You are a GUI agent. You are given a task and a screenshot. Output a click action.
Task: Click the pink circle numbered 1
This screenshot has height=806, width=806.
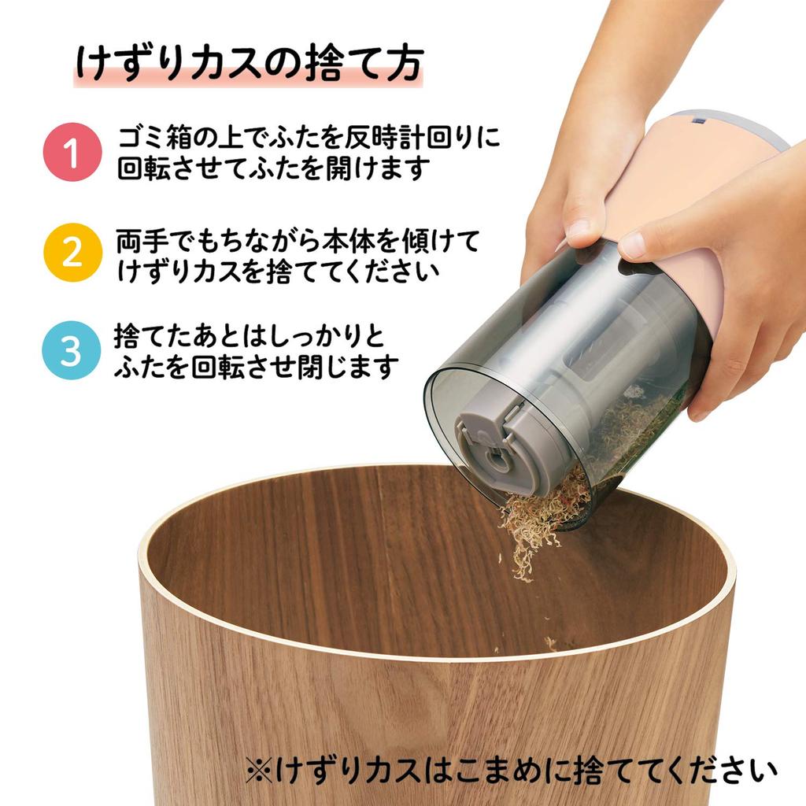point(71,153)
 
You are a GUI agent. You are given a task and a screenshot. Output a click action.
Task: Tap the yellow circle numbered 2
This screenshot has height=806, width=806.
point(71,253)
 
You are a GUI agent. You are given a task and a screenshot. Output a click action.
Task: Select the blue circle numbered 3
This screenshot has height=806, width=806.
point(71,352)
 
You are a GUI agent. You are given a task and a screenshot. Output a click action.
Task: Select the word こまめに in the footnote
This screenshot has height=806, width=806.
point(505,769)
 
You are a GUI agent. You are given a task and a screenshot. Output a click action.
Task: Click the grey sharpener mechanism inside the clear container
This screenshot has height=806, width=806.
point(504,441)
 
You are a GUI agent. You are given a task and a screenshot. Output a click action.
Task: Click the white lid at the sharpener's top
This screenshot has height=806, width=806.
point(748,126)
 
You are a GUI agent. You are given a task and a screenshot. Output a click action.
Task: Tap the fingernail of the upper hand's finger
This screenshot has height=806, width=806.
point(579,229)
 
